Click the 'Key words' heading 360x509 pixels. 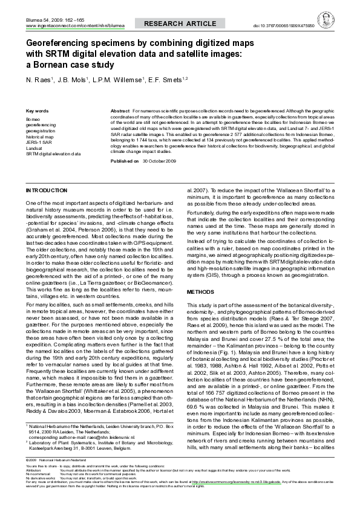coord(38,112)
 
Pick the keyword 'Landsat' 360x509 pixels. coord(34,148)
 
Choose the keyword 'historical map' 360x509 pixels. coord(41,137)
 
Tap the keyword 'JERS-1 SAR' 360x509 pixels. coord(39,143)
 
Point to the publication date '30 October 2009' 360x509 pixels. coord(159,163)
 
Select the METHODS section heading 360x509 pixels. coord(200,291)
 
